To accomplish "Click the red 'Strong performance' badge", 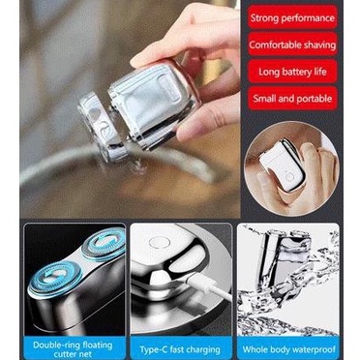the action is (292, 17).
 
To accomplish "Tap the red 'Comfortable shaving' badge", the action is (292, 45).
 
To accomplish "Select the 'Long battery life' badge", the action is (292, 72).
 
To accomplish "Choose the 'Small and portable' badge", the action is (292, 99).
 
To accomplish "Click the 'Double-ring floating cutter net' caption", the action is (73, 349).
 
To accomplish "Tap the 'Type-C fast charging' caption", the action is (180, 349).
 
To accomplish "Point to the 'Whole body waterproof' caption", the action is (288, 349).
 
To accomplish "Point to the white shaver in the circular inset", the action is (283, 165).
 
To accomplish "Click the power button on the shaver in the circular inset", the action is (289, 177).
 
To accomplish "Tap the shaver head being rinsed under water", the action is (99, 127).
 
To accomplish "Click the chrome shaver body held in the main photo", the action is (152, 104).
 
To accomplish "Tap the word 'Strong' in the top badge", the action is (264, 17).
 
